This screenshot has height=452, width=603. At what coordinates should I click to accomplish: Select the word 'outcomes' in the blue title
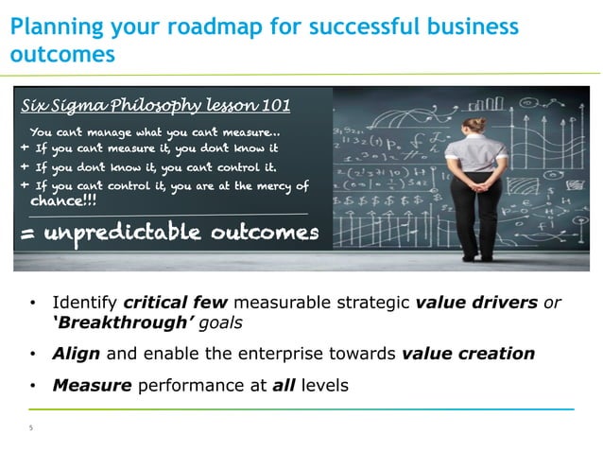tap(62, 54)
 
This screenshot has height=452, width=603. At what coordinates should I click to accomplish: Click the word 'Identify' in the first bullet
tap(84, 303)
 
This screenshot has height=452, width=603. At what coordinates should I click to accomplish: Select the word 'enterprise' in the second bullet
tap(276, 354)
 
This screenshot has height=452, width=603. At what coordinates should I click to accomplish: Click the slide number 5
tap(30, 427)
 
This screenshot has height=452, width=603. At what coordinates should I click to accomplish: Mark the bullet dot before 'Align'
tap(33, 355)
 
